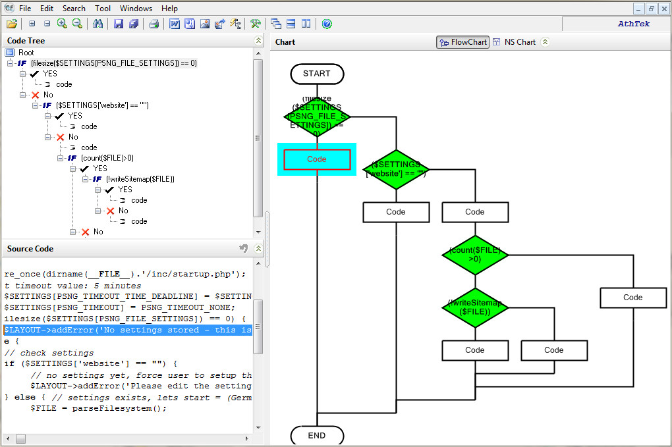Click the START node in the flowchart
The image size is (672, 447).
(x=317, y=74)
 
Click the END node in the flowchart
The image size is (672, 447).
(x=317, y=436)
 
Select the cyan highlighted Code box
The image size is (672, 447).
(x=317, y=159)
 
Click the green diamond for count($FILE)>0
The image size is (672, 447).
(x=475, y=255)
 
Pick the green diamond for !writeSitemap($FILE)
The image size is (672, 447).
(x=475, y=307)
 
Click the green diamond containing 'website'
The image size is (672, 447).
(x=396, y=169)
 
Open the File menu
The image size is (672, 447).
(x=25, y=9)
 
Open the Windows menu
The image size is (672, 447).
(x=136, y=9)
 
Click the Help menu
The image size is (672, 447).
(x=169, y=9)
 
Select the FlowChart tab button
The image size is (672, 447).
(x=462, y=42)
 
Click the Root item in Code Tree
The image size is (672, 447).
(x=26, y=53)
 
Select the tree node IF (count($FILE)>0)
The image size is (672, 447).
(x=107, y=158)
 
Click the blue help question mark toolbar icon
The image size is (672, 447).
(x=327, y=24)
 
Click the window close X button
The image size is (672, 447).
(x=663, y=9)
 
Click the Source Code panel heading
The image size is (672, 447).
(x=30, y=249)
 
